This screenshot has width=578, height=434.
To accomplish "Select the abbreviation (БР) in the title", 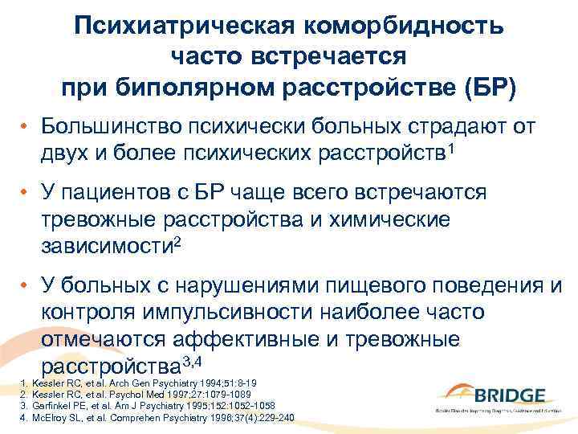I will (482, 85).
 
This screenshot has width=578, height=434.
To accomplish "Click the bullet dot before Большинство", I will (26, 127).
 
